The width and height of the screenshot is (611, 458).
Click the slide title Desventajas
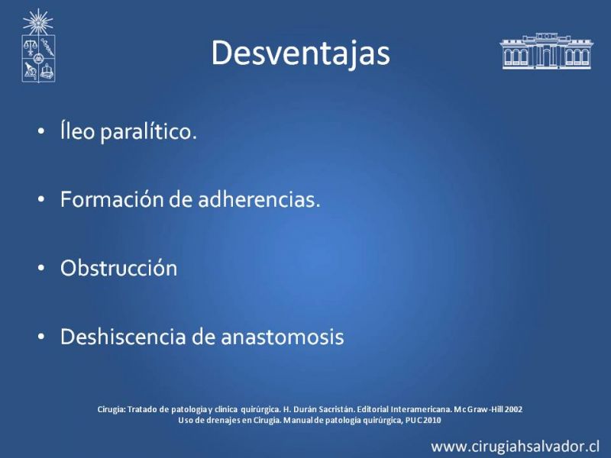tap(300, 53)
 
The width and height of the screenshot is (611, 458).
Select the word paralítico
tap(148, 131)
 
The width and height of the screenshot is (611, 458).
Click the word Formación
tap(112, 199)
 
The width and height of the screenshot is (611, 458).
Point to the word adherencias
tap(259, 199)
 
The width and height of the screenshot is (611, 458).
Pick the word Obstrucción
tap(119, 268)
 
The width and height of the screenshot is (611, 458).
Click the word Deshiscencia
tap(123, 337)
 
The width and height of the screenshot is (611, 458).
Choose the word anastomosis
tap(283, 337)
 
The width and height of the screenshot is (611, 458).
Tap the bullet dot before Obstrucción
tap(41, 269)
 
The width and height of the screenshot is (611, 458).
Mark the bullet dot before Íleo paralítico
tap(41, 131)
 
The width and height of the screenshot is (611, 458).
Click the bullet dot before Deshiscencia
tap(41, 337)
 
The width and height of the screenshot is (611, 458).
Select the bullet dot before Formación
tap(41, 200)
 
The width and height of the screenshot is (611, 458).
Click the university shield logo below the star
tap(38, 59)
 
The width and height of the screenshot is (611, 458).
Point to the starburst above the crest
tap(37, 22)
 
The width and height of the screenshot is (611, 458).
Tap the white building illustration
tap(546, 51)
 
